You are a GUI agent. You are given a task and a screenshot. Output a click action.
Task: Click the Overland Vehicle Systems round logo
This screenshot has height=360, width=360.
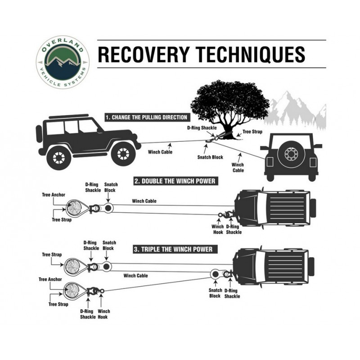click(x=63, y=62)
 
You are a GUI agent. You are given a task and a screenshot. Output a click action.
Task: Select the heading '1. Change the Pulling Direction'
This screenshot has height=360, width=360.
click(x=146, y=117)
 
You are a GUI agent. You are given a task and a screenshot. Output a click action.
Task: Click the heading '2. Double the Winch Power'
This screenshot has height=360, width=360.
click(x=175, y=181)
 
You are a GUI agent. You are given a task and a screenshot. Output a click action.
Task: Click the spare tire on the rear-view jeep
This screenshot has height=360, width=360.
click(x=291, y=153)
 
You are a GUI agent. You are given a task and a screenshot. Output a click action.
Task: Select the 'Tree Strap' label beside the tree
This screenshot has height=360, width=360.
click(x=252, y=132)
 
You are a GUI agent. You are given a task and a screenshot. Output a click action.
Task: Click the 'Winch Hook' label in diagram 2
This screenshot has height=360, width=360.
click(x=218, y=229)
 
